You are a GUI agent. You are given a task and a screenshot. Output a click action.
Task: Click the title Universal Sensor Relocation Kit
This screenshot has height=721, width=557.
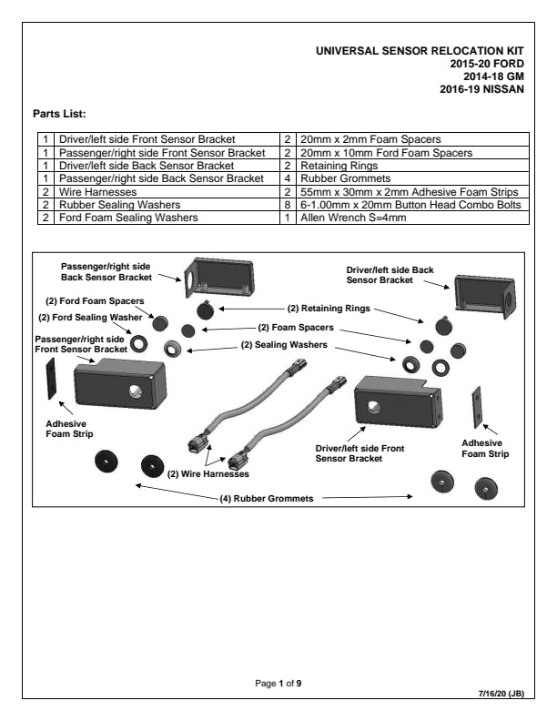tap(420, 52)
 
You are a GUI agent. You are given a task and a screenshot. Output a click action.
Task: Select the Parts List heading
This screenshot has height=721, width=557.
tap(59, 114)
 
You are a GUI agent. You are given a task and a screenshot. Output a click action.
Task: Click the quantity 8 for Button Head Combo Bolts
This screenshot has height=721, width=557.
tap(287, 205)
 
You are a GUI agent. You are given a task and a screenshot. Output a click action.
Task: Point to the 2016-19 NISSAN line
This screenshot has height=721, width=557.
tap(481, 90)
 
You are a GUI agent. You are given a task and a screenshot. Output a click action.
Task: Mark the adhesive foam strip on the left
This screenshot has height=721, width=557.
tap(51, 379)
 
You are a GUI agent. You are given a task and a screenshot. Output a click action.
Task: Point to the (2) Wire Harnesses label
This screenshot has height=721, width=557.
tap(208, 473)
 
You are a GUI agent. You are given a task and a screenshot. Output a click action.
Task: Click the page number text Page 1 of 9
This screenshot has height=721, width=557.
tap(278, 683)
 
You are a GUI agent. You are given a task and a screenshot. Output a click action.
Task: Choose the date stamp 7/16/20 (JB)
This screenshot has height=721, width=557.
tap(501, 694)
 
